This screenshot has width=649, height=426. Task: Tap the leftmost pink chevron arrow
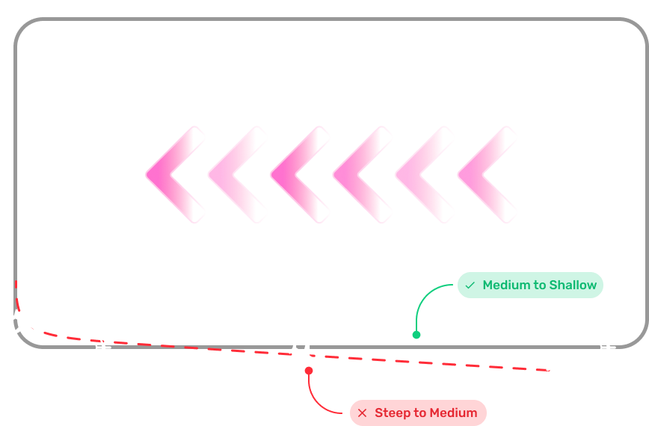click(170, 175)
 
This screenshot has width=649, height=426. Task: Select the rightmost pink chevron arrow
click(483, 175)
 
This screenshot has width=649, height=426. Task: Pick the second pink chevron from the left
click(233, 175)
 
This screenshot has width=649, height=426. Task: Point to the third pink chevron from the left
click(295, 175)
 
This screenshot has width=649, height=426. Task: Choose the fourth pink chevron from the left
click(357, 175)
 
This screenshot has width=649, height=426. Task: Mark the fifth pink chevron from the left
click(420, 175)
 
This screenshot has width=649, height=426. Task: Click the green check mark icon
click(470, 285)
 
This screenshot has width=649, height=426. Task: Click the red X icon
click(363, 413)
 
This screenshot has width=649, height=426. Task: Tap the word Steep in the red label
click(392, 413)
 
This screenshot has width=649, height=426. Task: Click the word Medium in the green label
click(506, 285)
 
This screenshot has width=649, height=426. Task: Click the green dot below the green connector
click(416, 335)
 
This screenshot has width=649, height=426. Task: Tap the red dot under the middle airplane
click(309, 370)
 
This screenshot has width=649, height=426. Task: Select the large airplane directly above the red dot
click(304, 353)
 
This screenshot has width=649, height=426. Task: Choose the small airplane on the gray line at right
click(606, 347)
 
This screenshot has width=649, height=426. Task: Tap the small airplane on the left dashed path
click(102, 348)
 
